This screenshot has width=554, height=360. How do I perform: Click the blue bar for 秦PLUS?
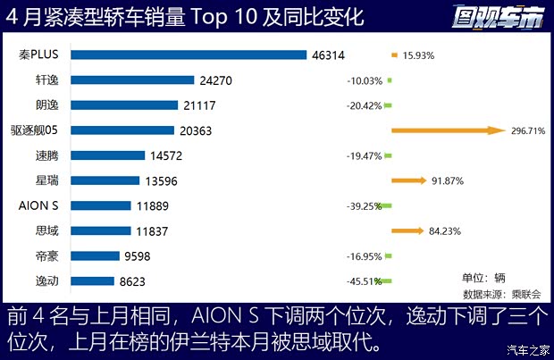tap(189, 54)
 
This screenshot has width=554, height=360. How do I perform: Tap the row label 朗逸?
tap(44, 105)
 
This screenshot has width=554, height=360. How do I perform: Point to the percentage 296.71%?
tap(527, 130)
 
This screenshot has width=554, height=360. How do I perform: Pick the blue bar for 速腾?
tap(107, 155)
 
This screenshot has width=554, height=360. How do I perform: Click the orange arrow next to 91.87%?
tap(409, 180)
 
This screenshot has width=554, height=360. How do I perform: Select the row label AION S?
tap(38, 205)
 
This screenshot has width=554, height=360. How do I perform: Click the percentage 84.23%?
tap(445, 231)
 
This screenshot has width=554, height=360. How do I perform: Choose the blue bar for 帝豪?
tap(95, 256)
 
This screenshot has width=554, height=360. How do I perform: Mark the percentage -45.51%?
tap(365, 281)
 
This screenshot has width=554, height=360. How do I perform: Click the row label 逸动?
tap(44, 281)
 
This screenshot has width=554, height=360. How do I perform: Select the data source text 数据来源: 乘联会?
tap(496, 293)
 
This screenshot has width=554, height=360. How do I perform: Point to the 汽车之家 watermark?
tap(526, 349)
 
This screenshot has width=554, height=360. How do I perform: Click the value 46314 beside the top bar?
tap(329, 54)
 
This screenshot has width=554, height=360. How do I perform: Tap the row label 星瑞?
tap(44, 180)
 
